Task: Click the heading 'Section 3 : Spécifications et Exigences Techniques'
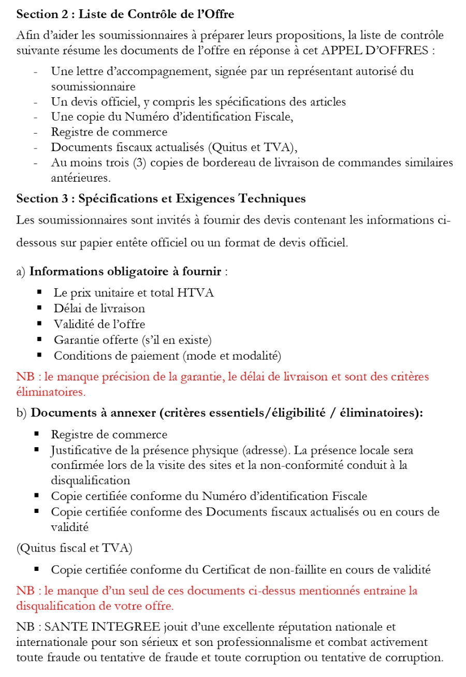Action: [x=161, y=198]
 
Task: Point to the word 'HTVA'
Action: [x=196, y=293]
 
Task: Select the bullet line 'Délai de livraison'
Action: [x=99, y=308]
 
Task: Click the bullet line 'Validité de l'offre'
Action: [x=99, y=325]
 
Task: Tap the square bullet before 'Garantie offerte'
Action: [x=39, y=340]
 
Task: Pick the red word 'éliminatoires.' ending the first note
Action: [x=51, y=392]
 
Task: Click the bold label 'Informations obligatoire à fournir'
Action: [x=126, y=272]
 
